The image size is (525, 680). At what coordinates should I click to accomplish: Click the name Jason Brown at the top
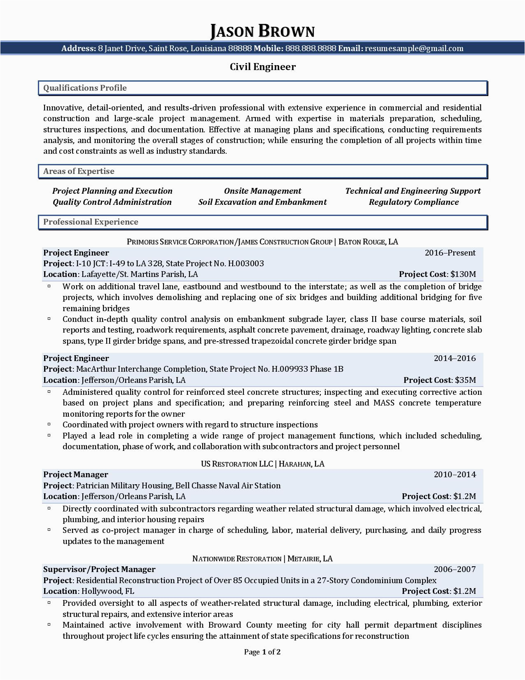262,31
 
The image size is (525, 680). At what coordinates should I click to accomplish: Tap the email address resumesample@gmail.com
414,49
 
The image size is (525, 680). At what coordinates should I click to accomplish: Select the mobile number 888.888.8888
310,49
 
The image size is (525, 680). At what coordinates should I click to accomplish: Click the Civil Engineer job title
263,67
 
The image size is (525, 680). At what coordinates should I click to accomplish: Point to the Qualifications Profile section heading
85,88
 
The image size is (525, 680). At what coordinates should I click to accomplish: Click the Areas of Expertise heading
79,171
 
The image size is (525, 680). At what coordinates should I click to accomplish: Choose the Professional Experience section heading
91,222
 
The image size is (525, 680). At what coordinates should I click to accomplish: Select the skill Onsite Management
262,191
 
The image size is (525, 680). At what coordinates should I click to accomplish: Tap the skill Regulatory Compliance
413,202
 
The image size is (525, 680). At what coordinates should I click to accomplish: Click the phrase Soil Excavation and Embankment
262,202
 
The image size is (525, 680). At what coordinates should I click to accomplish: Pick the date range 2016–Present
450,253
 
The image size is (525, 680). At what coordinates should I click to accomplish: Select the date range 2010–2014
455,474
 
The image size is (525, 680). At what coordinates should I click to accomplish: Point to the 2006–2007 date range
455,569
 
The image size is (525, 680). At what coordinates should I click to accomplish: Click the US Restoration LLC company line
262,464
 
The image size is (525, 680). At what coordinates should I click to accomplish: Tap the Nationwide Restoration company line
262,559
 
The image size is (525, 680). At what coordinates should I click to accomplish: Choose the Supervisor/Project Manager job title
99,569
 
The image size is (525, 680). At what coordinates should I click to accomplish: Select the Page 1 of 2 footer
262,652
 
